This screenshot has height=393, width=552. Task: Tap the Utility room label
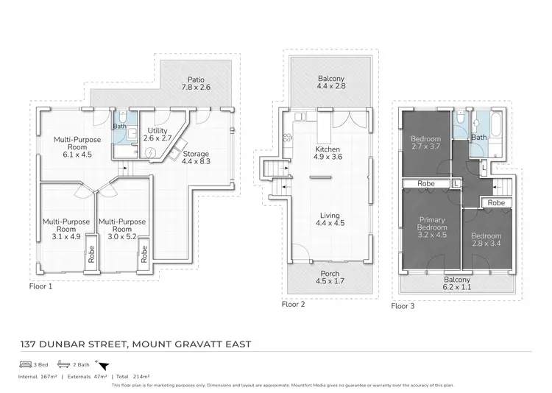click(x=158, y=133)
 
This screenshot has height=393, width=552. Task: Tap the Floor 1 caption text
click(x=40, y=286)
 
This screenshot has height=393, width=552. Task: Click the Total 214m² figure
click(x=129, y=375)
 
